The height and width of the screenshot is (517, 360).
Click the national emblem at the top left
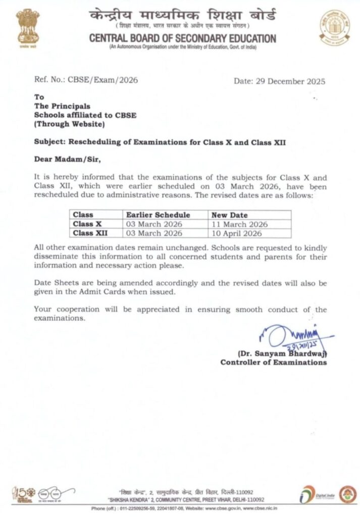27,26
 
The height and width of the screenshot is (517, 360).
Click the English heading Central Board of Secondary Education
182,38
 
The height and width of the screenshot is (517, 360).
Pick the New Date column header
230,215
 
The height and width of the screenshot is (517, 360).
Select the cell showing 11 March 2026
239,224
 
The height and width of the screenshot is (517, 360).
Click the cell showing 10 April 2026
237,233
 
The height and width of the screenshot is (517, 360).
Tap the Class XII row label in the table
90,233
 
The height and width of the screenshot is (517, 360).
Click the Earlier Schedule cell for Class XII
154,233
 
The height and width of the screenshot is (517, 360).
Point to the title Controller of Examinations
273,362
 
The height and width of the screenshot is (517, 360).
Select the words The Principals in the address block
62,106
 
